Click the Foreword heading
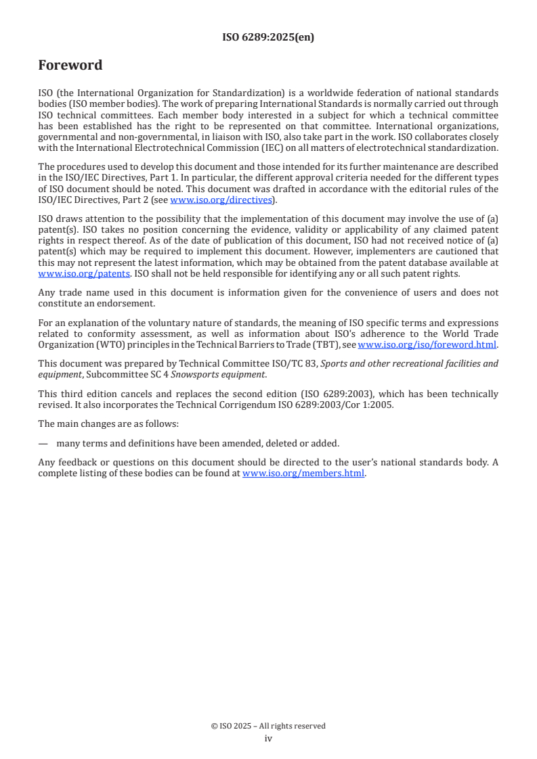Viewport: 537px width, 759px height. click(70, 66)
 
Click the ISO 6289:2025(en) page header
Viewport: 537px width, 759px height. click(268, 38)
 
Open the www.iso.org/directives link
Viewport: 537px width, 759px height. click(221, 200)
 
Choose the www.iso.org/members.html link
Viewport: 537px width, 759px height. click(303, 473)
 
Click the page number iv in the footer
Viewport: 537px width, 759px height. click(268, 738)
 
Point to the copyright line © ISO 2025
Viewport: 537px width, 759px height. click(268, 726)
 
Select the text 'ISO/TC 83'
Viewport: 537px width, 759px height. click(277, 363)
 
